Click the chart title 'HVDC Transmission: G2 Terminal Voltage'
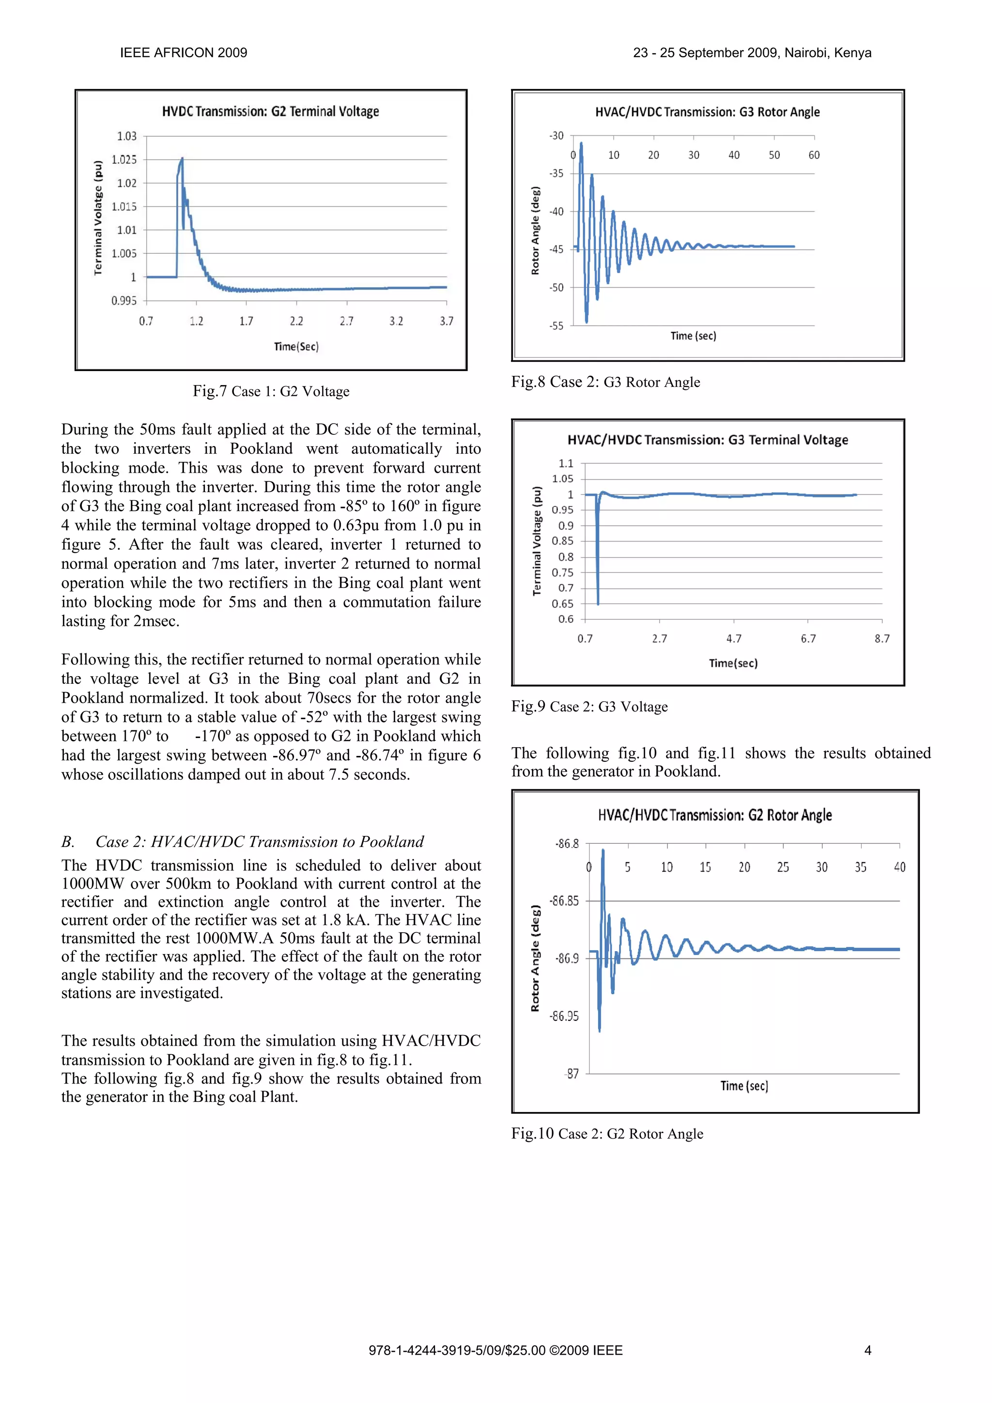point(270,111)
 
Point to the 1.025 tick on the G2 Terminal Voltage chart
point(124,159)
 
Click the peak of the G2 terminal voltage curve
point(182,158)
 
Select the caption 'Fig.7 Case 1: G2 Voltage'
point(271,392)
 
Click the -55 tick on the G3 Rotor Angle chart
point(556,326)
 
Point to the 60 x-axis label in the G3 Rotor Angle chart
point(814,155)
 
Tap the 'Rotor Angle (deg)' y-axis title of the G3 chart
point(535,231)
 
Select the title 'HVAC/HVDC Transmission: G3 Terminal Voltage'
point(707,440)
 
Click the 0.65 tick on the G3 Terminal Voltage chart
point(562,604)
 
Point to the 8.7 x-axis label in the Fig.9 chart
point(882,639)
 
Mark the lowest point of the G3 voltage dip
point(598,604)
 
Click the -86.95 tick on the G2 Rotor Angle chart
point(563,1016)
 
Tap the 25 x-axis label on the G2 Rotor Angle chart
point(782,867)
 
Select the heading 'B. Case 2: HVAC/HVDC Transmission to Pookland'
point(243,842)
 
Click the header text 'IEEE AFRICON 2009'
point(184,53)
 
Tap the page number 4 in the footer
point(868,1350)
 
